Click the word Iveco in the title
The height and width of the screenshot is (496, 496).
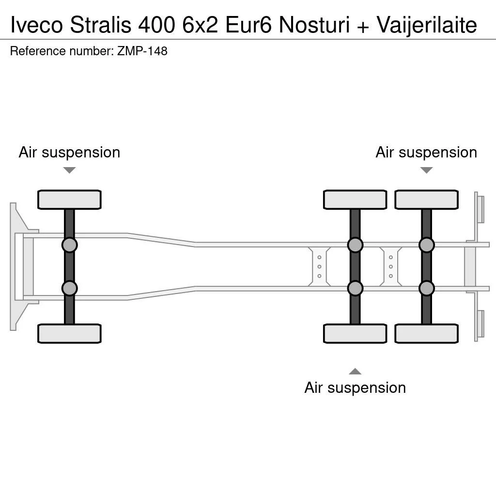tap(37, 25)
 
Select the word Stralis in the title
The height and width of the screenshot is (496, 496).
tap(101, 25)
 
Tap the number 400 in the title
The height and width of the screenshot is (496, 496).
tap(156, 25)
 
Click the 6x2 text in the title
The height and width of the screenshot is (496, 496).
tap(200, 25)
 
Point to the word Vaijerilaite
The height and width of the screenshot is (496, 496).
tap(427, 25)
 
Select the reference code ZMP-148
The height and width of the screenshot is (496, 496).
tap(142, 51)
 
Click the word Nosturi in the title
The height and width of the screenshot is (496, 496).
tap(314, 25)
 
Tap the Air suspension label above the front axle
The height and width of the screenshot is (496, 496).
tap(69, 153)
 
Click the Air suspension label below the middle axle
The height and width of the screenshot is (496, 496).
tap(355, 388)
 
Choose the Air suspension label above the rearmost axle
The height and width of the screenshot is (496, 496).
tap(426, 153)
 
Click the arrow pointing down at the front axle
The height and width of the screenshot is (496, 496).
tap(69, 170)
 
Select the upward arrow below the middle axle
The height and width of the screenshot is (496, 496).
tap(355, 371)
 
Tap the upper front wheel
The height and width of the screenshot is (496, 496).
tap(69, 200)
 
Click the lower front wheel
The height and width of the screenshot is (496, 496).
tap(69, 334)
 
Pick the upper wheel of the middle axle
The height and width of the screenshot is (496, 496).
tap(355, 200)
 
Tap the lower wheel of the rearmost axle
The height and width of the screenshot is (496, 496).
tap(426, 334)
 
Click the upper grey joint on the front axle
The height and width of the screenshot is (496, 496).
tap(69, 245)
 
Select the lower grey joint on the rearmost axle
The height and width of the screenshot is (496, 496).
tap(426, 288)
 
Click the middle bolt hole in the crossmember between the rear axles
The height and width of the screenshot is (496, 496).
tap(391, 267)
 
